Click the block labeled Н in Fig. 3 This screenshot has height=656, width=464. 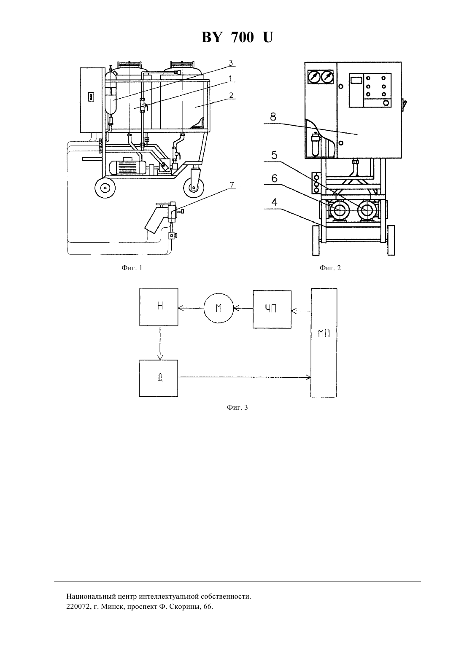(x=159, y=306)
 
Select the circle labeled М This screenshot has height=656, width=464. (x=219, y=308)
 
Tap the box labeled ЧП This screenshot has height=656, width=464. (x=272, y=309)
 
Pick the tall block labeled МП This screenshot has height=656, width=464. (x=324, y=343)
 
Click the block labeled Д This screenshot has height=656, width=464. (x=159, y=378)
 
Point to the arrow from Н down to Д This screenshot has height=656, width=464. (x=160, y=343)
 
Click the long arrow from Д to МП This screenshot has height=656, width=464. (x=244, y=377)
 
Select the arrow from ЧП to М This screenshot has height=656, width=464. (x=243, y=308)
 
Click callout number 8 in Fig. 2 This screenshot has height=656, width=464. (x=273, y=117)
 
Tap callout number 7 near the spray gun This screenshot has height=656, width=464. (x=232, y=185)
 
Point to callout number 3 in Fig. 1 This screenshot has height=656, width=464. (x=231, y=63)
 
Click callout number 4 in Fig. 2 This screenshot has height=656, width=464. (x=274, y=202)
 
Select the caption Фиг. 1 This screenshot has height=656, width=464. (x=132, y=268)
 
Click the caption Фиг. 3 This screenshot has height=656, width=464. (x=237, y=407)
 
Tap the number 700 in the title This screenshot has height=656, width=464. (x=242, y=38)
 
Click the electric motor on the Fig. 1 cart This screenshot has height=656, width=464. (x=127, y=167)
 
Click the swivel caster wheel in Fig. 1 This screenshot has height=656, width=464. (x=194, y=187)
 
